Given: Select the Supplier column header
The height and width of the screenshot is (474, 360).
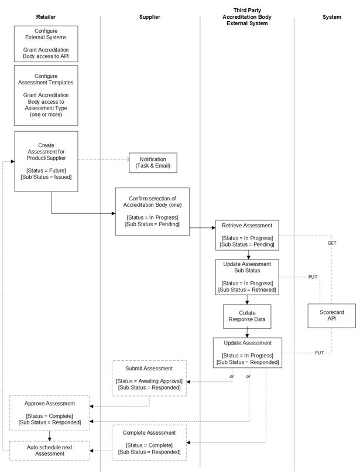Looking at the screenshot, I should [149, 17].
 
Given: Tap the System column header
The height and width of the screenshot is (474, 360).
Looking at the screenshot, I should [331, 17].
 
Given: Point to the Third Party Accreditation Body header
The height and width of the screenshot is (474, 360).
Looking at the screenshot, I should [246, 17].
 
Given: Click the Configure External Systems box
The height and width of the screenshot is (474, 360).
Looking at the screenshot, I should [46, 43].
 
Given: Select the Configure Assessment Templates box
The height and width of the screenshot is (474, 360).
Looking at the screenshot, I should [46, 95].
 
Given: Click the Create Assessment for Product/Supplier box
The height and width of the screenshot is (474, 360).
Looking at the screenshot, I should [46, 161].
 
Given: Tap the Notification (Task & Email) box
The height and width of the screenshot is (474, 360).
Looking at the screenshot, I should [153, 162].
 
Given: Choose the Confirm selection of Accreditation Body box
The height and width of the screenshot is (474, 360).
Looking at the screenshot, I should [152, 212].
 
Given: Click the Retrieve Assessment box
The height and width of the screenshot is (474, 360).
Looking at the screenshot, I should [246, 235].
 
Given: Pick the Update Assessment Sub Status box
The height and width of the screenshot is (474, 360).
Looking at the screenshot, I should [246, 277].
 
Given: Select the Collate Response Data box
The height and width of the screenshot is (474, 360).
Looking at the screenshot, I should [246, 316].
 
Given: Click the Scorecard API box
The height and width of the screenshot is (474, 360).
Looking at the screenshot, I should [331, 316].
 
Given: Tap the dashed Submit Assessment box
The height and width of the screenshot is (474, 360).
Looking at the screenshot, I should [149, 378].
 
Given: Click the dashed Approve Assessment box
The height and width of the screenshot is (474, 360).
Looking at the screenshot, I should [49, 412].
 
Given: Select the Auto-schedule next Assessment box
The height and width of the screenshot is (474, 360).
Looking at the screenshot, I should [49, 451].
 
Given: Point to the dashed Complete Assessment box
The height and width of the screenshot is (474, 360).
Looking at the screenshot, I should [149, 442].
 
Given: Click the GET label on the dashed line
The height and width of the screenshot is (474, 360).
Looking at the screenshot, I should [331, 243].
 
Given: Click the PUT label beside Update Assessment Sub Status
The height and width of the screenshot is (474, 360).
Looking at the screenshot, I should [313, 277].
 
